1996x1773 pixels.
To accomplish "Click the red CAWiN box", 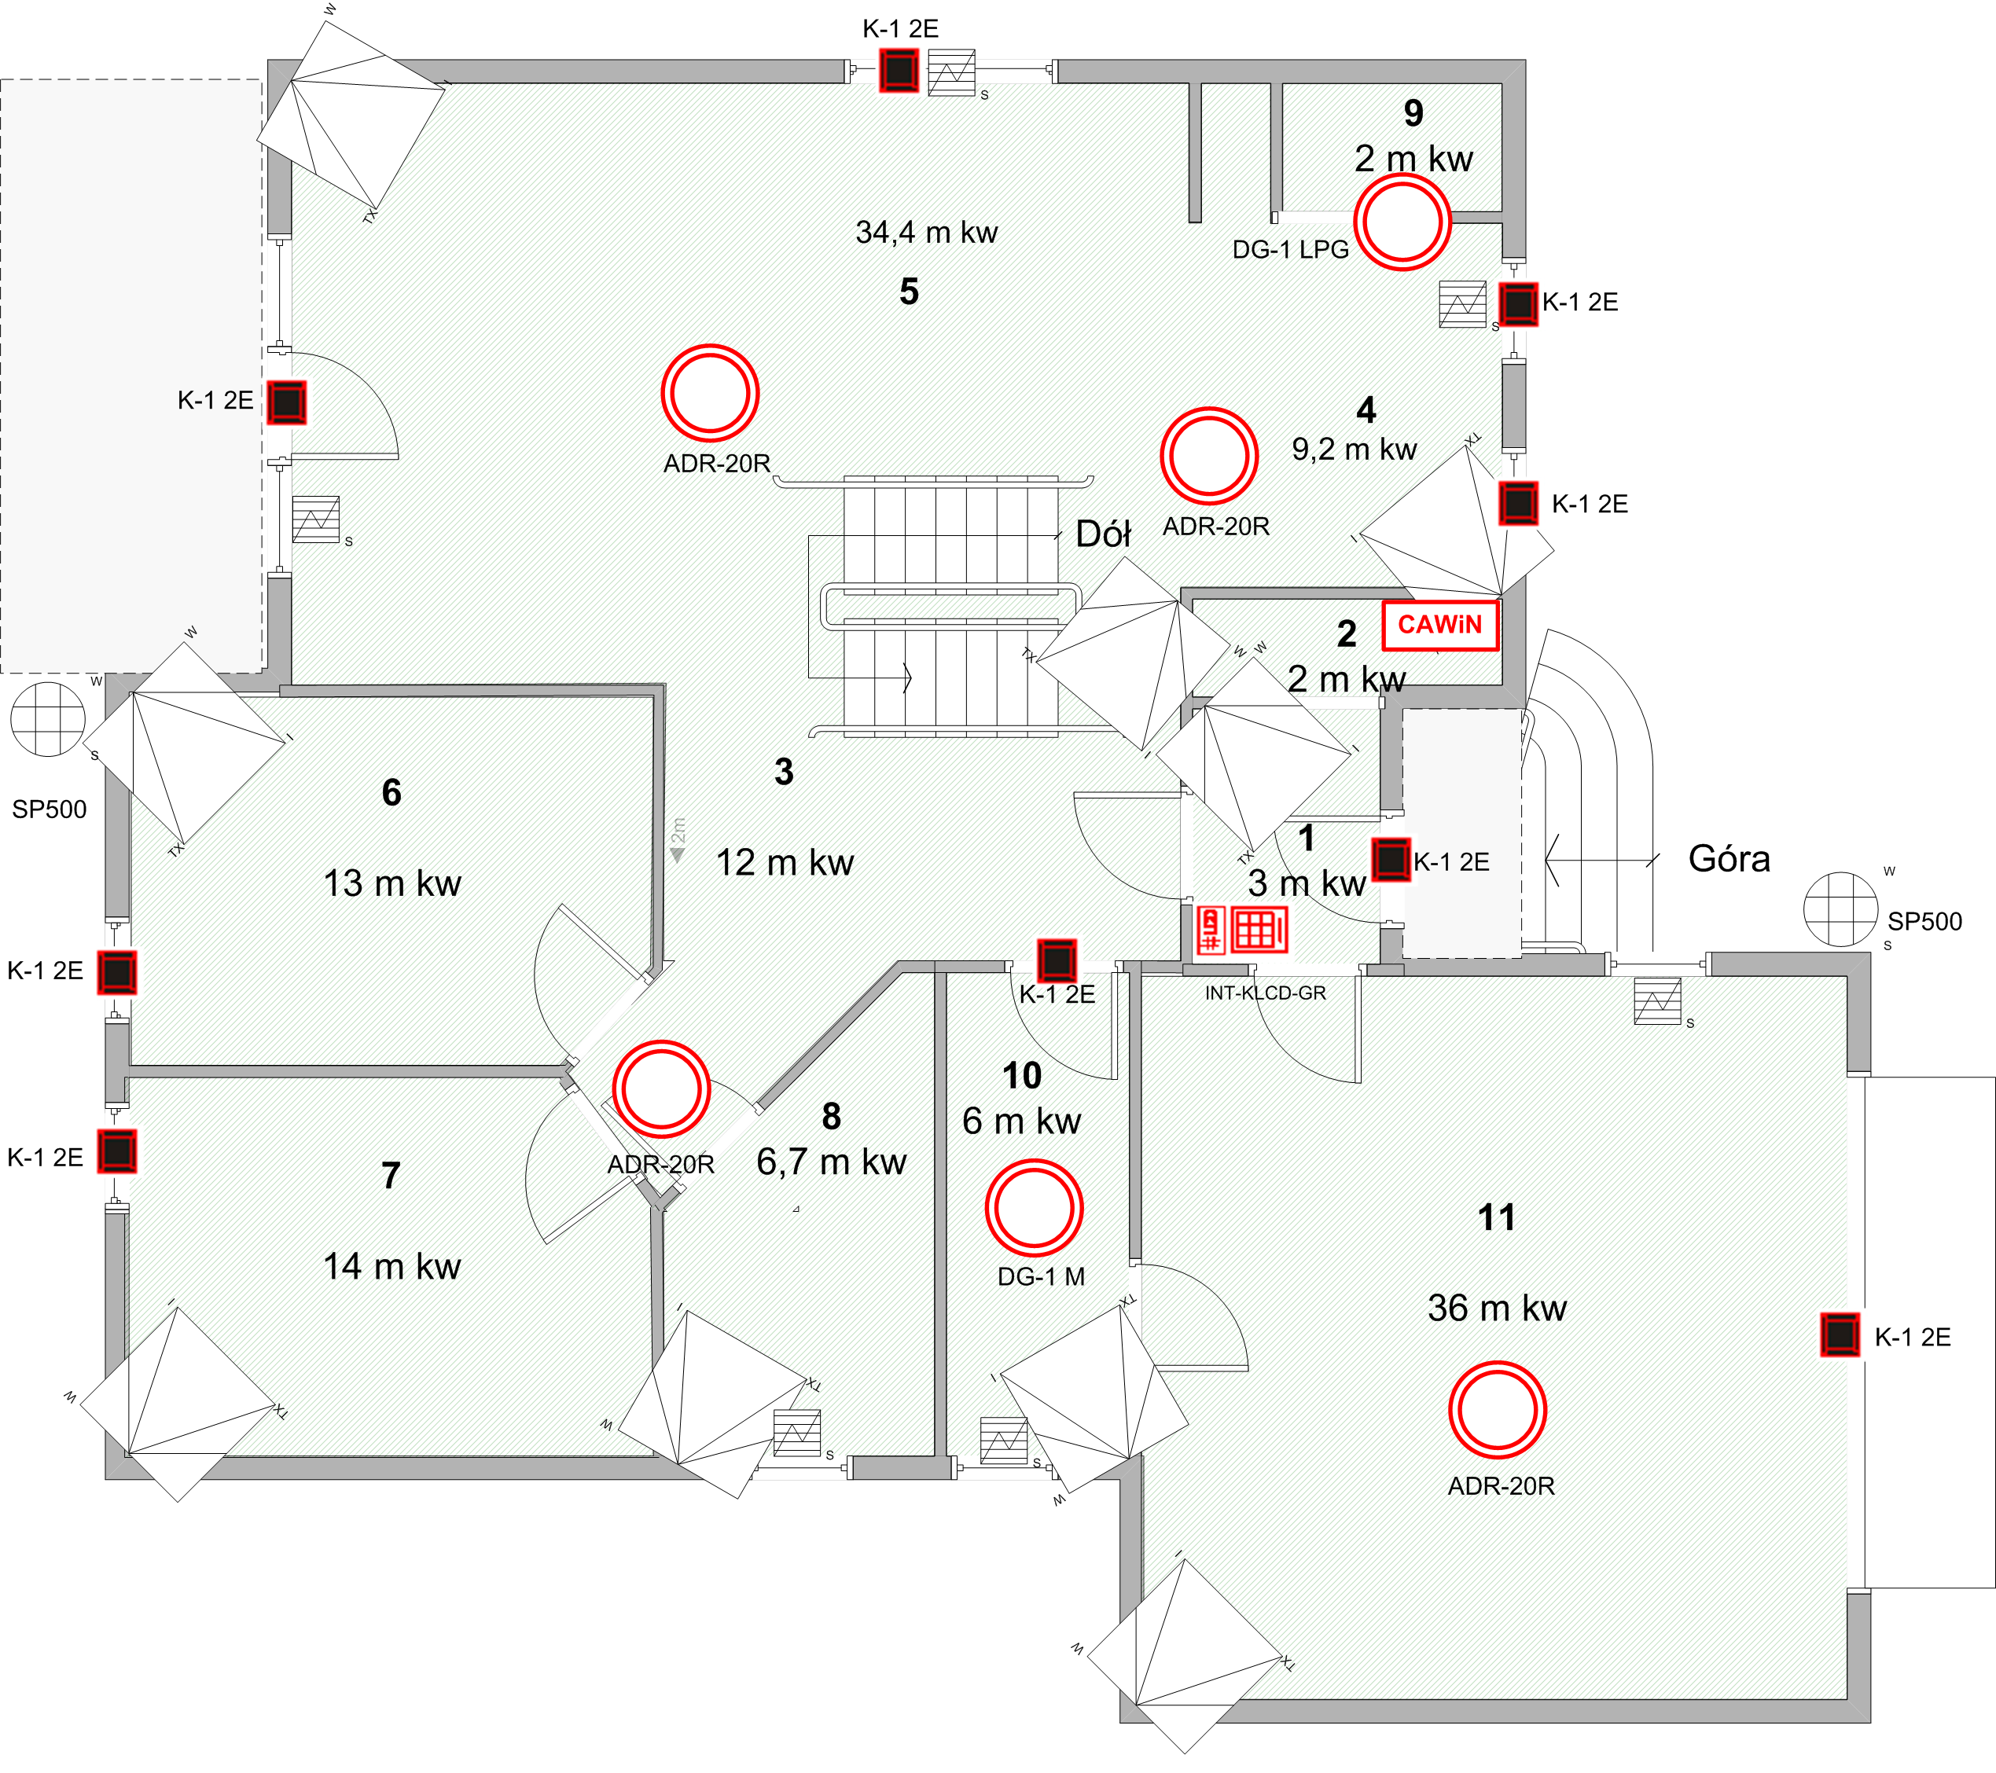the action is coord(1440,625).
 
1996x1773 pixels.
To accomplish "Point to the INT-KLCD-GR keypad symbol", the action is coord(1243,930).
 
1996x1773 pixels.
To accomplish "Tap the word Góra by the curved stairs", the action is coord(1729,859).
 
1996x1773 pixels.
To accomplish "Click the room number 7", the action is coord(391,1176).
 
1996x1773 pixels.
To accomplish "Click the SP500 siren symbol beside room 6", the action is coord(48,720).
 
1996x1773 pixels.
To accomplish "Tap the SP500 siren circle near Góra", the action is coord(1840,909).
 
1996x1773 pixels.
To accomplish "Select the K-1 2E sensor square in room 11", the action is coord(1840,1335).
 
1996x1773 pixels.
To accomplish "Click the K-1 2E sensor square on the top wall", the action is coord(899,70).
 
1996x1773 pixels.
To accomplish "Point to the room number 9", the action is coord(1413,113).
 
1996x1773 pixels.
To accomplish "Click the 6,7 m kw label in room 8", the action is coord(831,1162).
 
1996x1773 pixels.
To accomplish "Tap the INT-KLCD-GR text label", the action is coord(1266,993).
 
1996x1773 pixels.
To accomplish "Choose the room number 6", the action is coord(391,791).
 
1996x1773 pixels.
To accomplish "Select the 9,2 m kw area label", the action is coord(1355,449).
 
